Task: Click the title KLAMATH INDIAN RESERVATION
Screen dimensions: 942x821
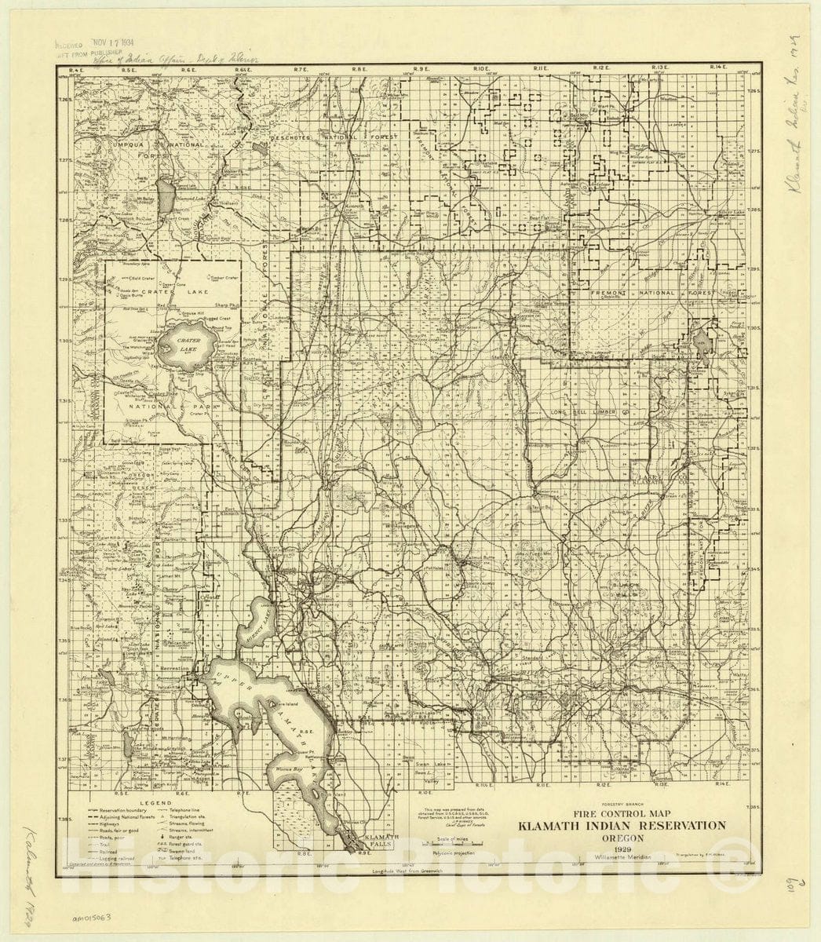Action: [620, 825]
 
